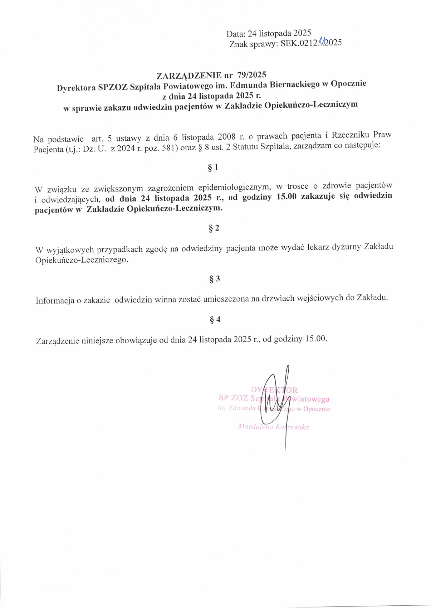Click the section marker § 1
(213, 168)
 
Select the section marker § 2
(214, 228)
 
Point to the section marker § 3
(215, 279)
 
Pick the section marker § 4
(215, 319)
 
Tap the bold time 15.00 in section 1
(287, 197)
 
